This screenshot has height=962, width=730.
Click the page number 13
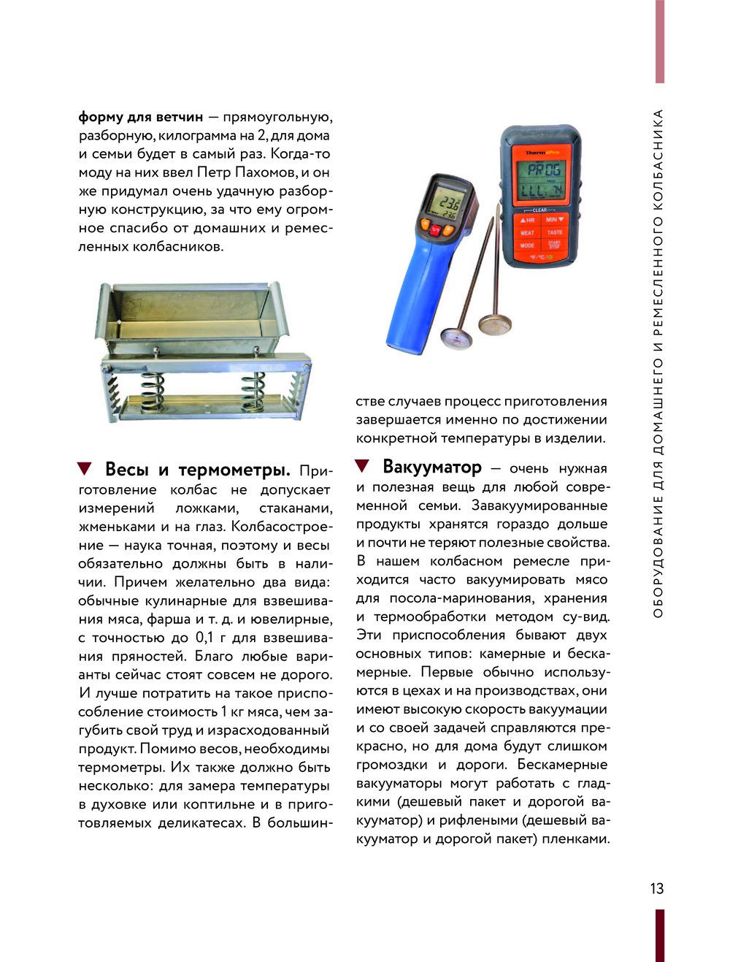[657, 888]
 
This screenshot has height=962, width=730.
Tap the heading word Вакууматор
[432, 467]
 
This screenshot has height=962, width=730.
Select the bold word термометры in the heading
[234, 470]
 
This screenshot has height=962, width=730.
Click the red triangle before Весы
[85, 469]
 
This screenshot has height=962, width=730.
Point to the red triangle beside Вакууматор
[362, 466]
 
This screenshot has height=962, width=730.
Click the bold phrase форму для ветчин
[140, 117]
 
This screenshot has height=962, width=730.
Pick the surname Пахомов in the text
[267, 172]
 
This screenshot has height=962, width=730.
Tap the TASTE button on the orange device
[555, 232]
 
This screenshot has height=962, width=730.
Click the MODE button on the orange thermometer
[527, 245]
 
